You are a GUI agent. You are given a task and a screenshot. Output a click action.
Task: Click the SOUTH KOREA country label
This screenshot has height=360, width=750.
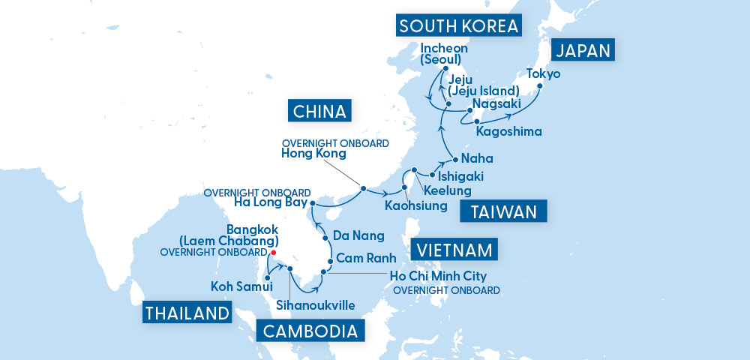pyautogui.click(x=459, y=26)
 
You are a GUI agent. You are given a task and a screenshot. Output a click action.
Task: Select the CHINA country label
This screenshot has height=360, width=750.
pyautogui.click(x=320, y=112)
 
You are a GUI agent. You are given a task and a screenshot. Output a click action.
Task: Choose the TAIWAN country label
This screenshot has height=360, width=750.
pyautogui.click(x=504, y=212)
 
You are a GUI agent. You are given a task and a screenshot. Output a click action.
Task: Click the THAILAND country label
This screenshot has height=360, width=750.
pyautogui.click(x=186, y=313)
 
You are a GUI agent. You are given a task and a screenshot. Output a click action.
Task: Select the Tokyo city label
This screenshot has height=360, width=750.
pyautogui.click(x=544, y=73)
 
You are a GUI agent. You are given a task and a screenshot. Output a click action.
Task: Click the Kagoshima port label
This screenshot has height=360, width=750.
pyautogui.click(x=508, y=131)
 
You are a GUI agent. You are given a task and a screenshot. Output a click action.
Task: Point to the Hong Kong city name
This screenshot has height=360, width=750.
pyautogui.click(x=313, y=154)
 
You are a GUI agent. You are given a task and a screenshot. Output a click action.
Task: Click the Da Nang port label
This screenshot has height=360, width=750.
pyautogui.click(x=358, y=235)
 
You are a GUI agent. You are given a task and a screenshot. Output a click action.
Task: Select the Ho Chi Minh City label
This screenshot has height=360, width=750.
pyautogui.click(x=439, y=276)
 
